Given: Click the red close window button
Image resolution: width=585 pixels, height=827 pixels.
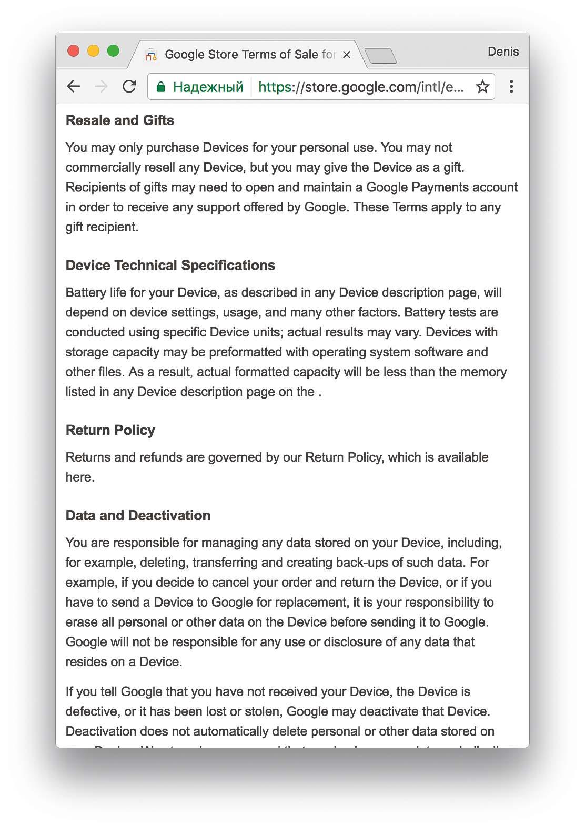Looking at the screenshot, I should tap(74, 51).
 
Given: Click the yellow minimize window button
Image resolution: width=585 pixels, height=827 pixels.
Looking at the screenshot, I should tap(93, 51).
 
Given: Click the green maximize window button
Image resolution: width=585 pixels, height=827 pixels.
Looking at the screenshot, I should tap(113, 51).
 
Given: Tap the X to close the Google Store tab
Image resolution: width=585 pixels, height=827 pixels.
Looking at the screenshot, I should tap(346, 55).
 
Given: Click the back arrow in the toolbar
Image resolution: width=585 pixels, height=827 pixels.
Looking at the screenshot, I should tap(74, 87).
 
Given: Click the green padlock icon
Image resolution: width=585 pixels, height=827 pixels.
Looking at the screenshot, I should tap(162, 87).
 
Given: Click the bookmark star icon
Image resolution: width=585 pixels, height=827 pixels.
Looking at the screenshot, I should tap(482, 87).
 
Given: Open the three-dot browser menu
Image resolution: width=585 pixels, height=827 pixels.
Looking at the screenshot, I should tap(511, 87).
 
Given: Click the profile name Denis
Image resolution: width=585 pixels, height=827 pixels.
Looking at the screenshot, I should tap(503, 52).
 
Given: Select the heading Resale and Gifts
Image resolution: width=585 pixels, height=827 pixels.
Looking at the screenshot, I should tap(120, 120).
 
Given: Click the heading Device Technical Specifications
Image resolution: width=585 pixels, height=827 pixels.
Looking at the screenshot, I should tap(170, 266).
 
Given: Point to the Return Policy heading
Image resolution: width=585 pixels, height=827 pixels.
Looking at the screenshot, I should tap(110, 430).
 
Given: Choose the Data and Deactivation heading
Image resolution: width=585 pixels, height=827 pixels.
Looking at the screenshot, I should tap(138, 515).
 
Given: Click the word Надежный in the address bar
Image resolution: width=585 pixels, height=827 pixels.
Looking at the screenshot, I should tap(208, 87).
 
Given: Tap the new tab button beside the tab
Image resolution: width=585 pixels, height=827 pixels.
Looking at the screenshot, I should tap(380, 55).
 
